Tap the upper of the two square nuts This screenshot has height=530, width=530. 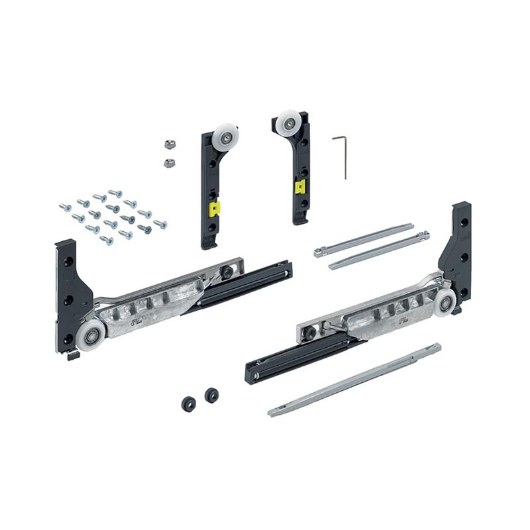pos(168,142)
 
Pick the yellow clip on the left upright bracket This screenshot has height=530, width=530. pos(215,210)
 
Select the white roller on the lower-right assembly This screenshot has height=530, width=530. pos(444,301)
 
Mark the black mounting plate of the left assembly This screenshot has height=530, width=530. pos(69,291)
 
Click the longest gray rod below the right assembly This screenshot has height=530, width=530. pos(354,381)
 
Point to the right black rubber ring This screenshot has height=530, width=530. pos(211,395)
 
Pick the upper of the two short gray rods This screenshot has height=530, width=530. pos(364,240)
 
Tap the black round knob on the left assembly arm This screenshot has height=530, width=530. pos(227,272)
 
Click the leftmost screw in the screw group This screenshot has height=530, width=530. pos(64,207)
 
